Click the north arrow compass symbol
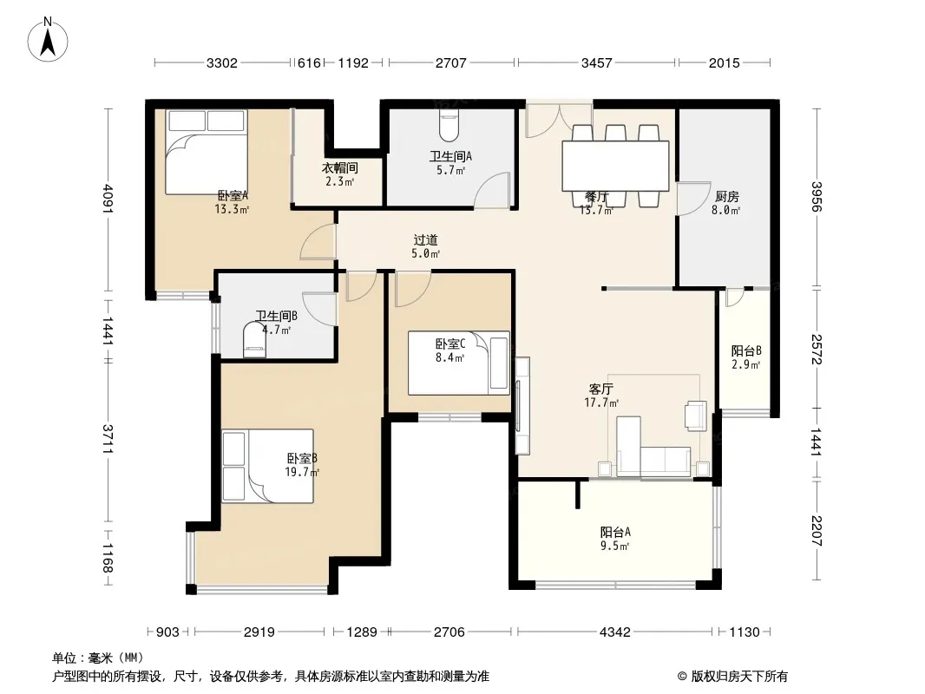coord(48,39)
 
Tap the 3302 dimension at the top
coord(222,62)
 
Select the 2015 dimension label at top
coord(724,62)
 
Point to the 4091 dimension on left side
coord(108,199)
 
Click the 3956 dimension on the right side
coord(816,196)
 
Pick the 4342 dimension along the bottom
coord(614,632)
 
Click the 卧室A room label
coord(233,195)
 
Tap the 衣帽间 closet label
coord(340,168)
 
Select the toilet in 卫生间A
coord(449,126)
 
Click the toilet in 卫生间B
coord(254,340)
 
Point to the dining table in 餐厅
coord(615,165)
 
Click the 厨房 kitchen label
coord(726,196)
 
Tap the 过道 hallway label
coord(425,240)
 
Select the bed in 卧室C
coord(458,363)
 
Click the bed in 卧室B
coord(267,466)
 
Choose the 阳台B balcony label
coord(746,350)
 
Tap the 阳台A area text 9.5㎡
coord(614,546)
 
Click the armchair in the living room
coord(696,416)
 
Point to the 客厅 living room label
coord(601,390)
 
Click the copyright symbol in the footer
coord(682,677)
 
